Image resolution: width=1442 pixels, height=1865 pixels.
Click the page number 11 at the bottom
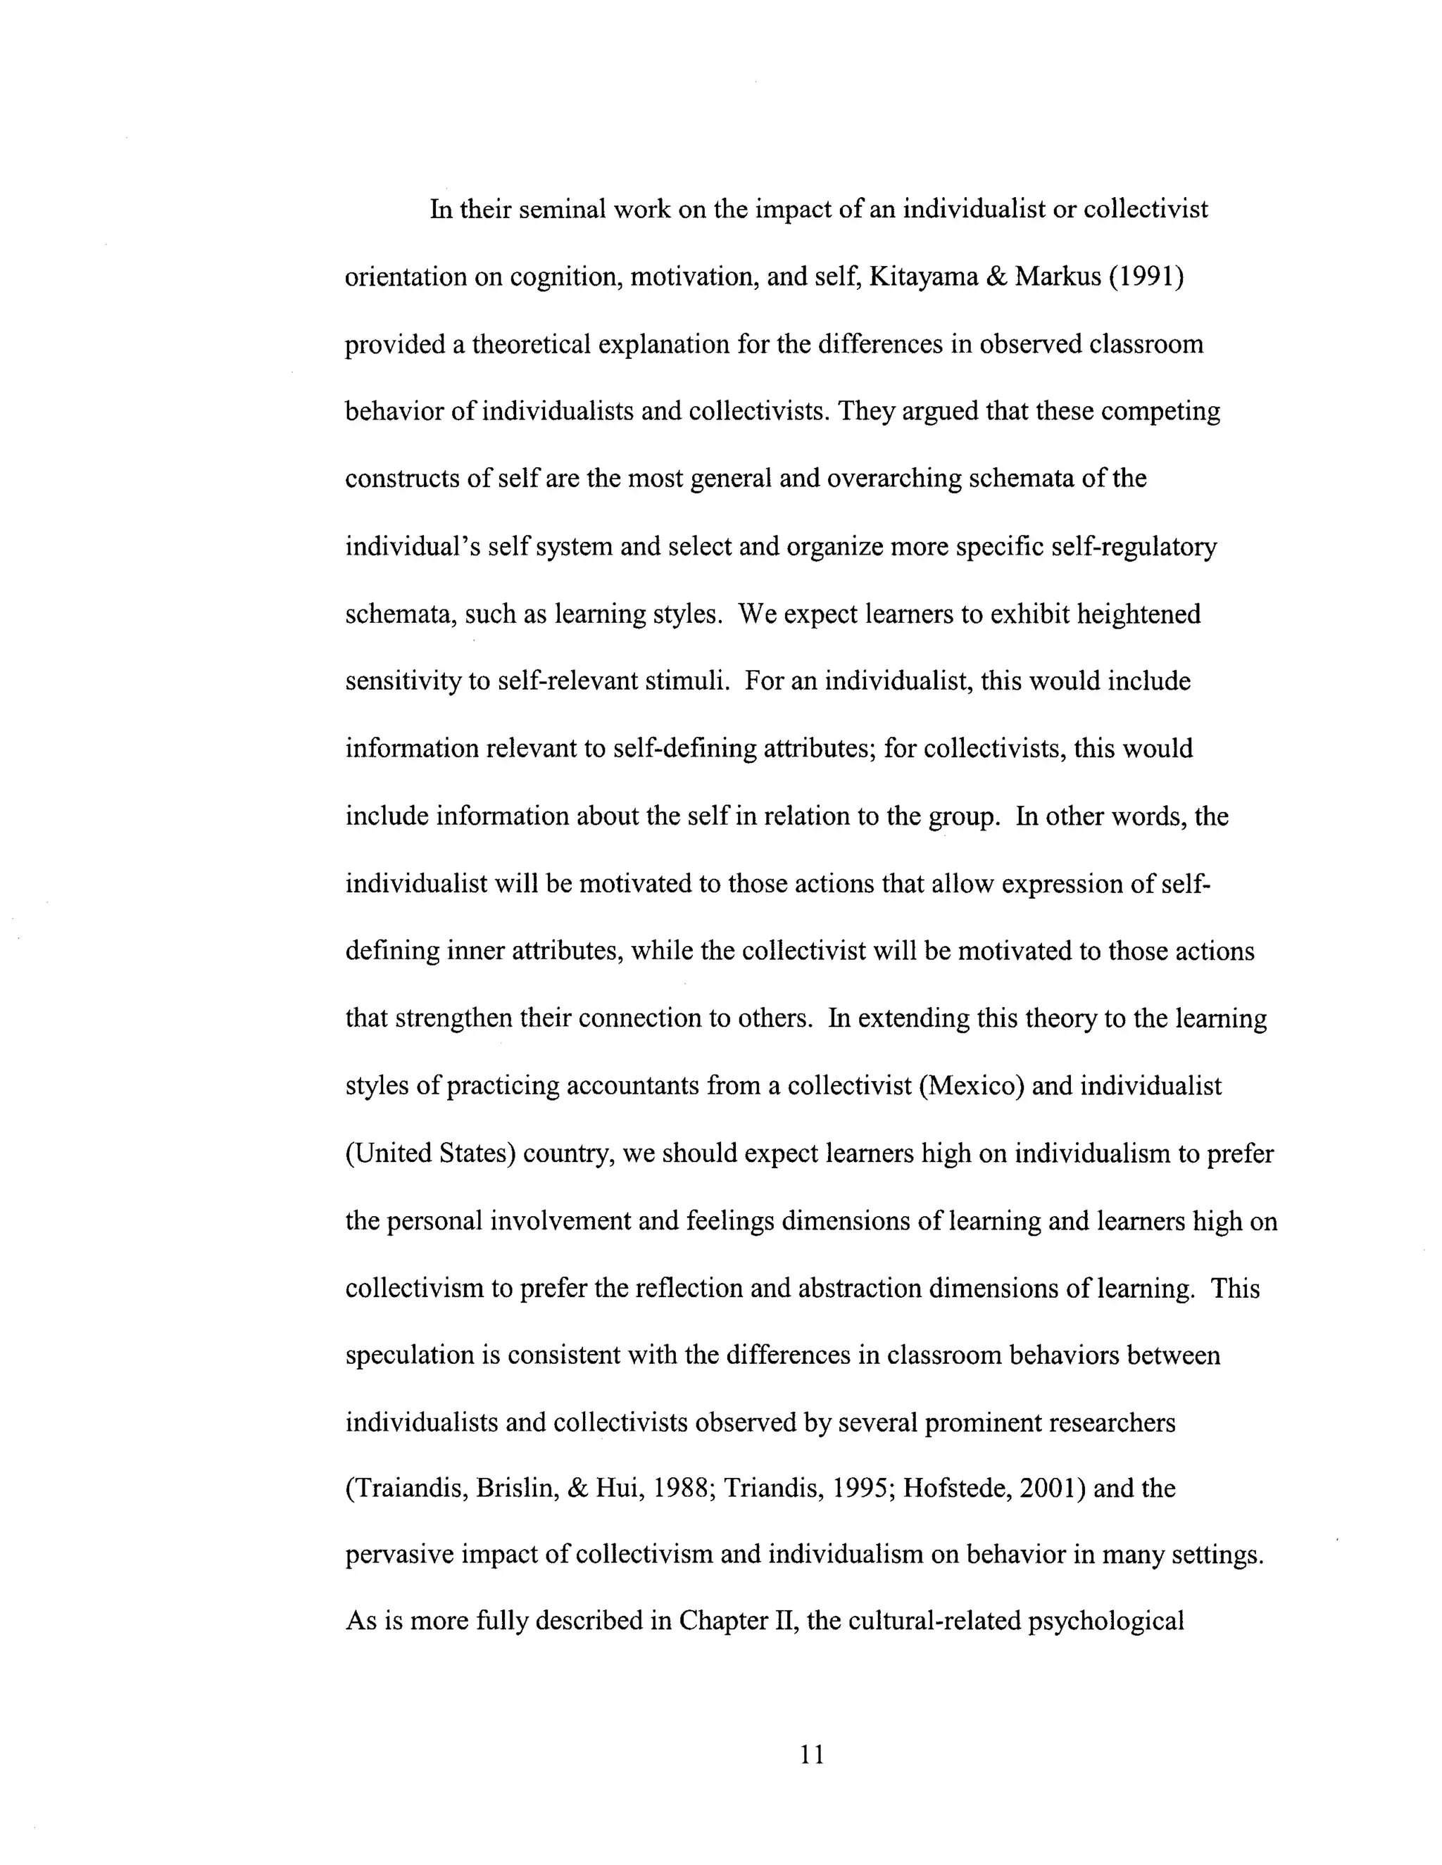[x=812, y=1755]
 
